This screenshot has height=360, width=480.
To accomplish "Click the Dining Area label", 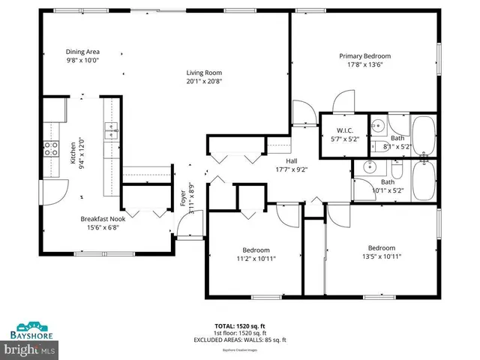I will pos(82,52).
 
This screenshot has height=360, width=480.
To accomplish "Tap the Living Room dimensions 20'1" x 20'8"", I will pos(204,81).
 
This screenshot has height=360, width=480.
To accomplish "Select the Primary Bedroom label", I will pos(364,55).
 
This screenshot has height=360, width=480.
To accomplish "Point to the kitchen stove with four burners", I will pos(51,148).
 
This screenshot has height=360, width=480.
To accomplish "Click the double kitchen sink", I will pos(111,132).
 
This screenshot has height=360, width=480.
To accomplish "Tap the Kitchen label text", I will pos(73,153).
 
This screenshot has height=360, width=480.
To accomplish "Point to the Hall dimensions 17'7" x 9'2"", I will pos(292,169).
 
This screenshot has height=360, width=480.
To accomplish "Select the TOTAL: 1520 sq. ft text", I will pos(239,325).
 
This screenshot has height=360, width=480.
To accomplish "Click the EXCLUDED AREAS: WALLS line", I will pos(239,340).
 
